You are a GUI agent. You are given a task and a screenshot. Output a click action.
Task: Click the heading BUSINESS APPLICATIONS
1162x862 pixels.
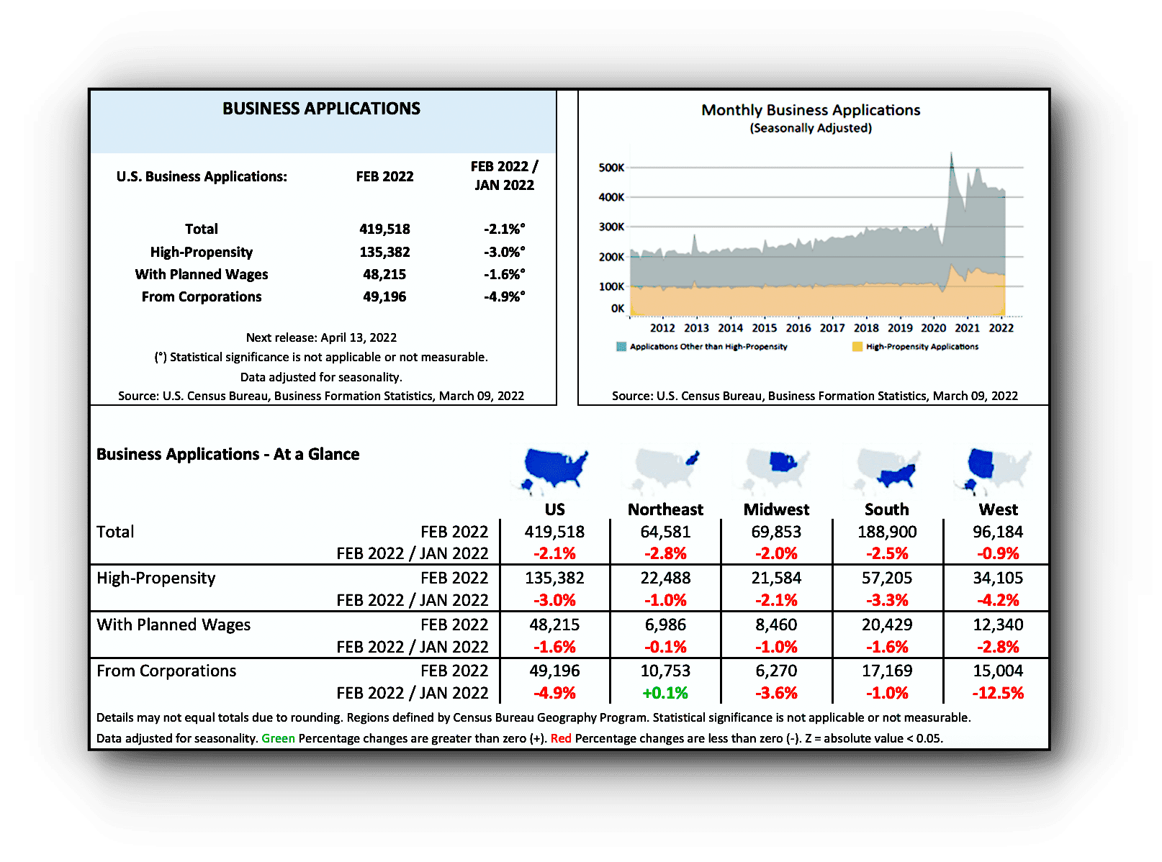click(x=321, y=109)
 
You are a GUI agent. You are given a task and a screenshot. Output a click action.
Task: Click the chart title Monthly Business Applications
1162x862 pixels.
click(x=811, y=110)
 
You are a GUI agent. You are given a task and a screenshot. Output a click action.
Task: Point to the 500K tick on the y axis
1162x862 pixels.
click(x=611, y=168)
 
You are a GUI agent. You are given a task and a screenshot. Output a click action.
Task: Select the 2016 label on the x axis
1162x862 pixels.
click(x=798, y=328)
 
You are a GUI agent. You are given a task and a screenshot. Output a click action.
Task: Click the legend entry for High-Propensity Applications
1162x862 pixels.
click(x=922, y=347)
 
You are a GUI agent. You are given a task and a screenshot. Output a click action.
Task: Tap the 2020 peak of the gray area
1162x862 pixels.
click(x=951, y=155)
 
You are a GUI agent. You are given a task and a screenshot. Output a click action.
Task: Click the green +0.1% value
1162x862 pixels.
click(x=665, y=693)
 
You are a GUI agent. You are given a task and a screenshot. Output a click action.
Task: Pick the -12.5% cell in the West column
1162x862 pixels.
click(x=998, y=693)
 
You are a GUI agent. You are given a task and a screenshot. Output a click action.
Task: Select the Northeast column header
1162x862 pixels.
click(x=665, y=509)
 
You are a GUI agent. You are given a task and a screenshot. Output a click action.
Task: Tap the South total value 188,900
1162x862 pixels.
click(x=887, y=532)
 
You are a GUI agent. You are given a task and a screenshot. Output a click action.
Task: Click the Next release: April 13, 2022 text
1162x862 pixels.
click(x=321, y=337)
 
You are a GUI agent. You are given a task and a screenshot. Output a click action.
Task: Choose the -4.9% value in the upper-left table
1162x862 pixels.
click(x=504, y=296)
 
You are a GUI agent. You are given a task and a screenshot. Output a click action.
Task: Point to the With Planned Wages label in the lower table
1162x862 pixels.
click(x=174, y=625)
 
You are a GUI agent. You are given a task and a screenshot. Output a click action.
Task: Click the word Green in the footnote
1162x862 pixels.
click(x=278, y=738)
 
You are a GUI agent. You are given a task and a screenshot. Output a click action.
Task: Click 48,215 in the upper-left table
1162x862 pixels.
click(x=384, y=274)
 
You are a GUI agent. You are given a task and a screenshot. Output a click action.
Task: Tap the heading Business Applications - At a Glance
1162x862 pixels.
click(x=228, y=454)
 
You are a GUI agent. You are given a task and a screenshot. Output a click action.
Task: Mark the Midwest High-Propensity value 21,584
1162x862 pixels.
click(x=776, y=578)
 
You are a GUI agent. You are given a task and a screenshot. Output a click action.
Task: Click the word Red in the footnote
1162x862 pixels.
click(x=561, y=738)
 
